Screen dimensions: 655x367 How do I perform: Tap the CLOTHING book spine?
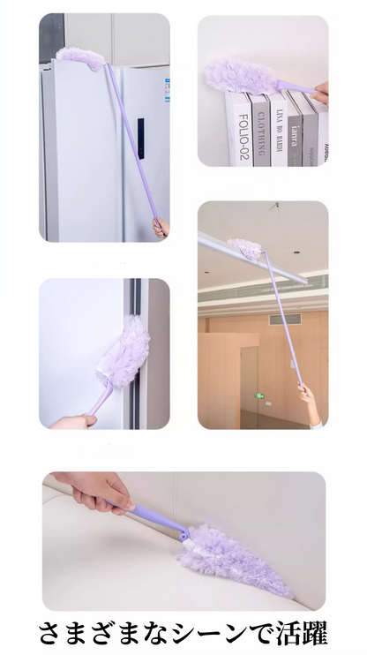(x=262, y=128)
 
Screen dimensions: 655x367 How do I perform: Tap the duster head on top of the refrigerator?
(x=79, y=56)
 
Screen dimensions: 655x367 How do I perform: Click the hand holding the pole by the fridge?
(x=161, y=229)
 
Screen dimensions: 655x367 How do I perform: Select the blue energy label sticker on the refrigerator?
(x=165, y=87)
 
